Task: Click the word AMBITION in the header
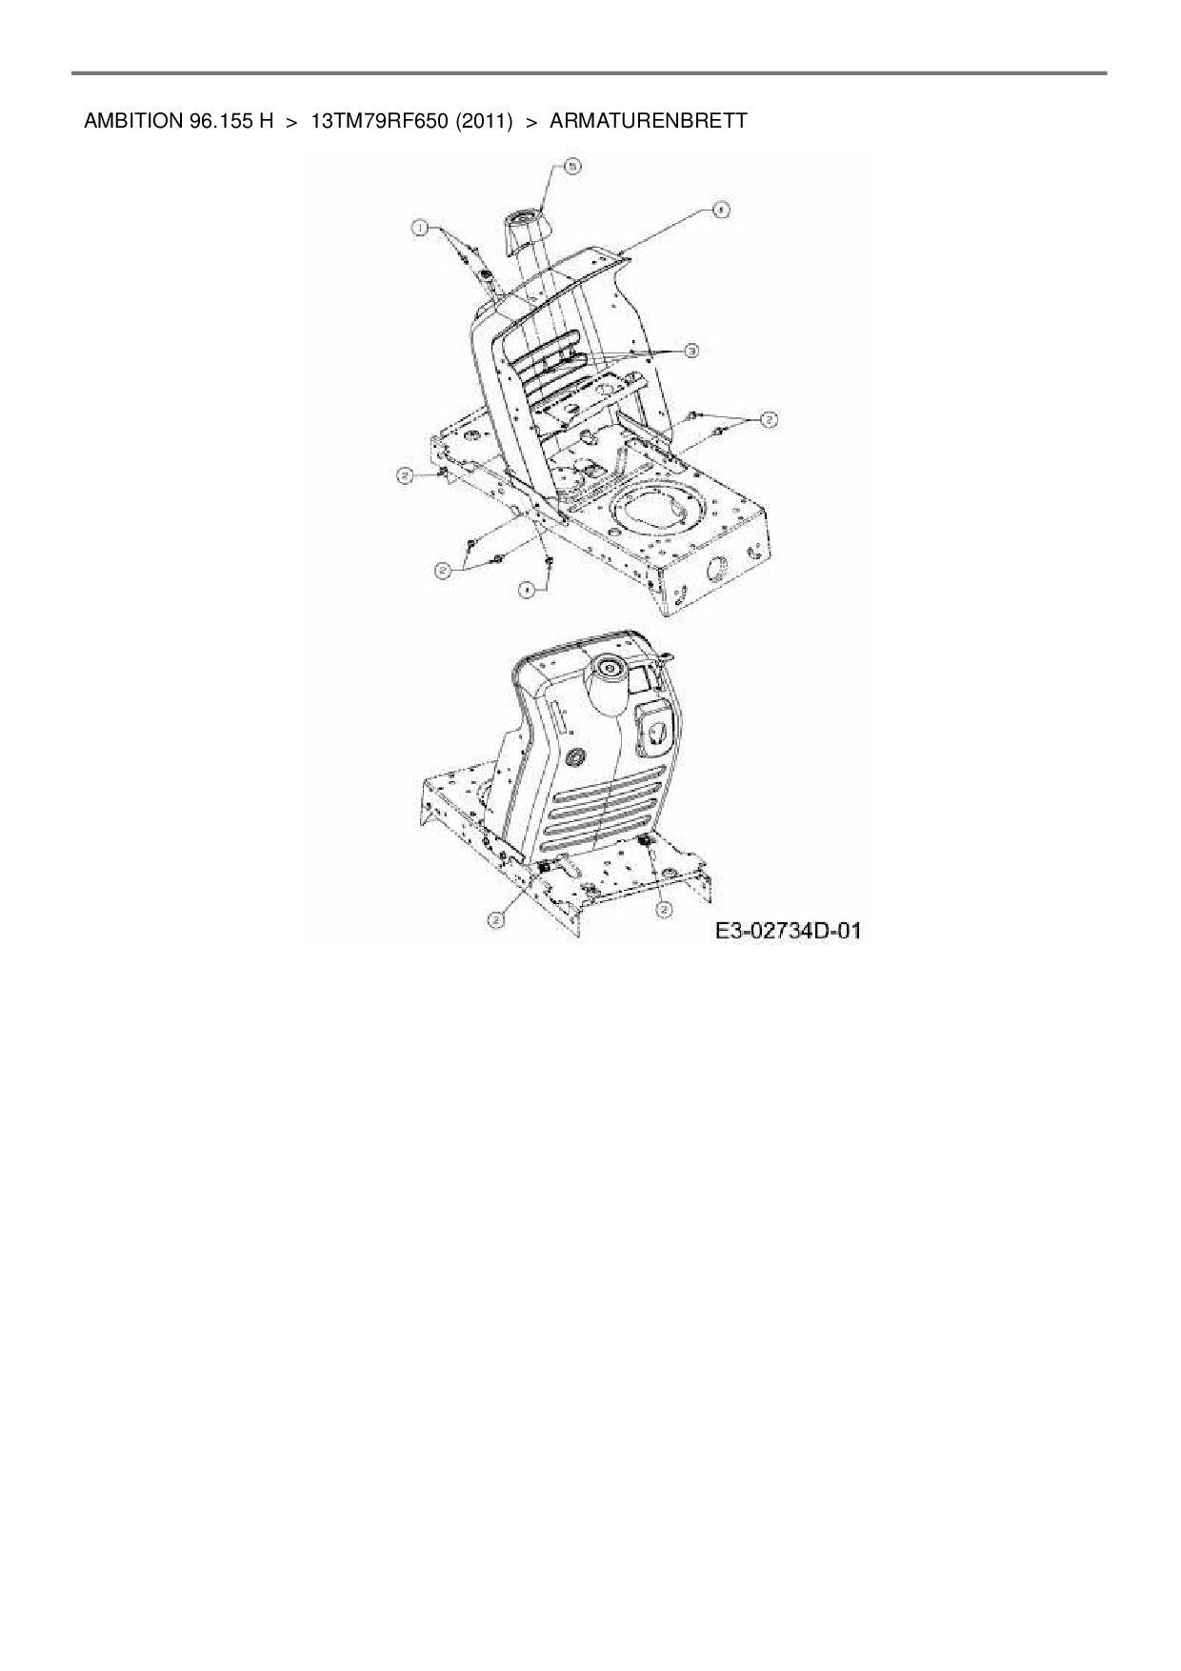coord(129,121)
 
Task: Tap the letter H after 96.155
coord(267,121)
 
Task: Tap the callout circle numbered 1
coord(418,227)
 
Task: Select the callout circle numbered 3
coord(691,351)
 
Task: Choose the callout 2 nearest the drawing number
coord(662,911)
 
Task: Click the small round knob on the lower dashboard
coord(574,756)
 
